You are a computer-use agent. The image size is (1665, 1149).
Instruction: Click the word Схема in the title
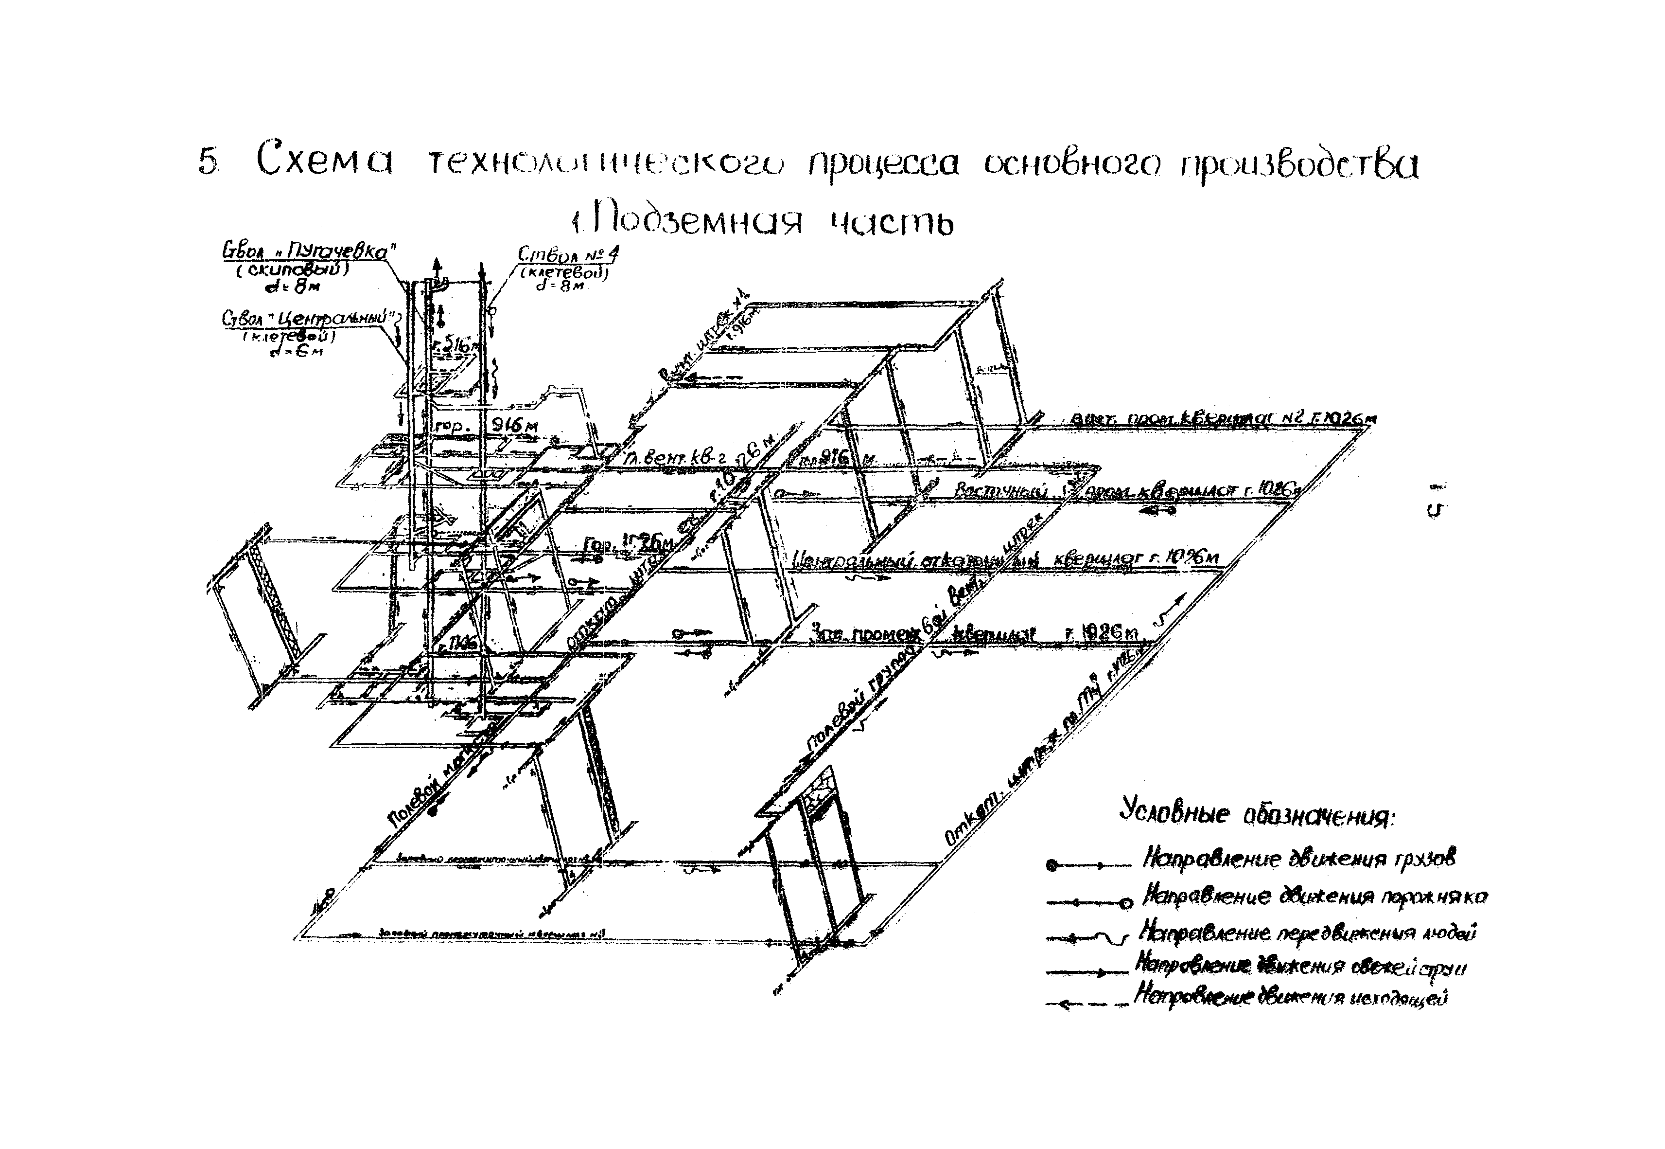pyautogui.click(x=325, y=162)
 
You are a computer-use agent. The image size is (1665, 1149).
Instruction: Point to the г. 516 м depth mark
pyautogui.click(x=456, y=346)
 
